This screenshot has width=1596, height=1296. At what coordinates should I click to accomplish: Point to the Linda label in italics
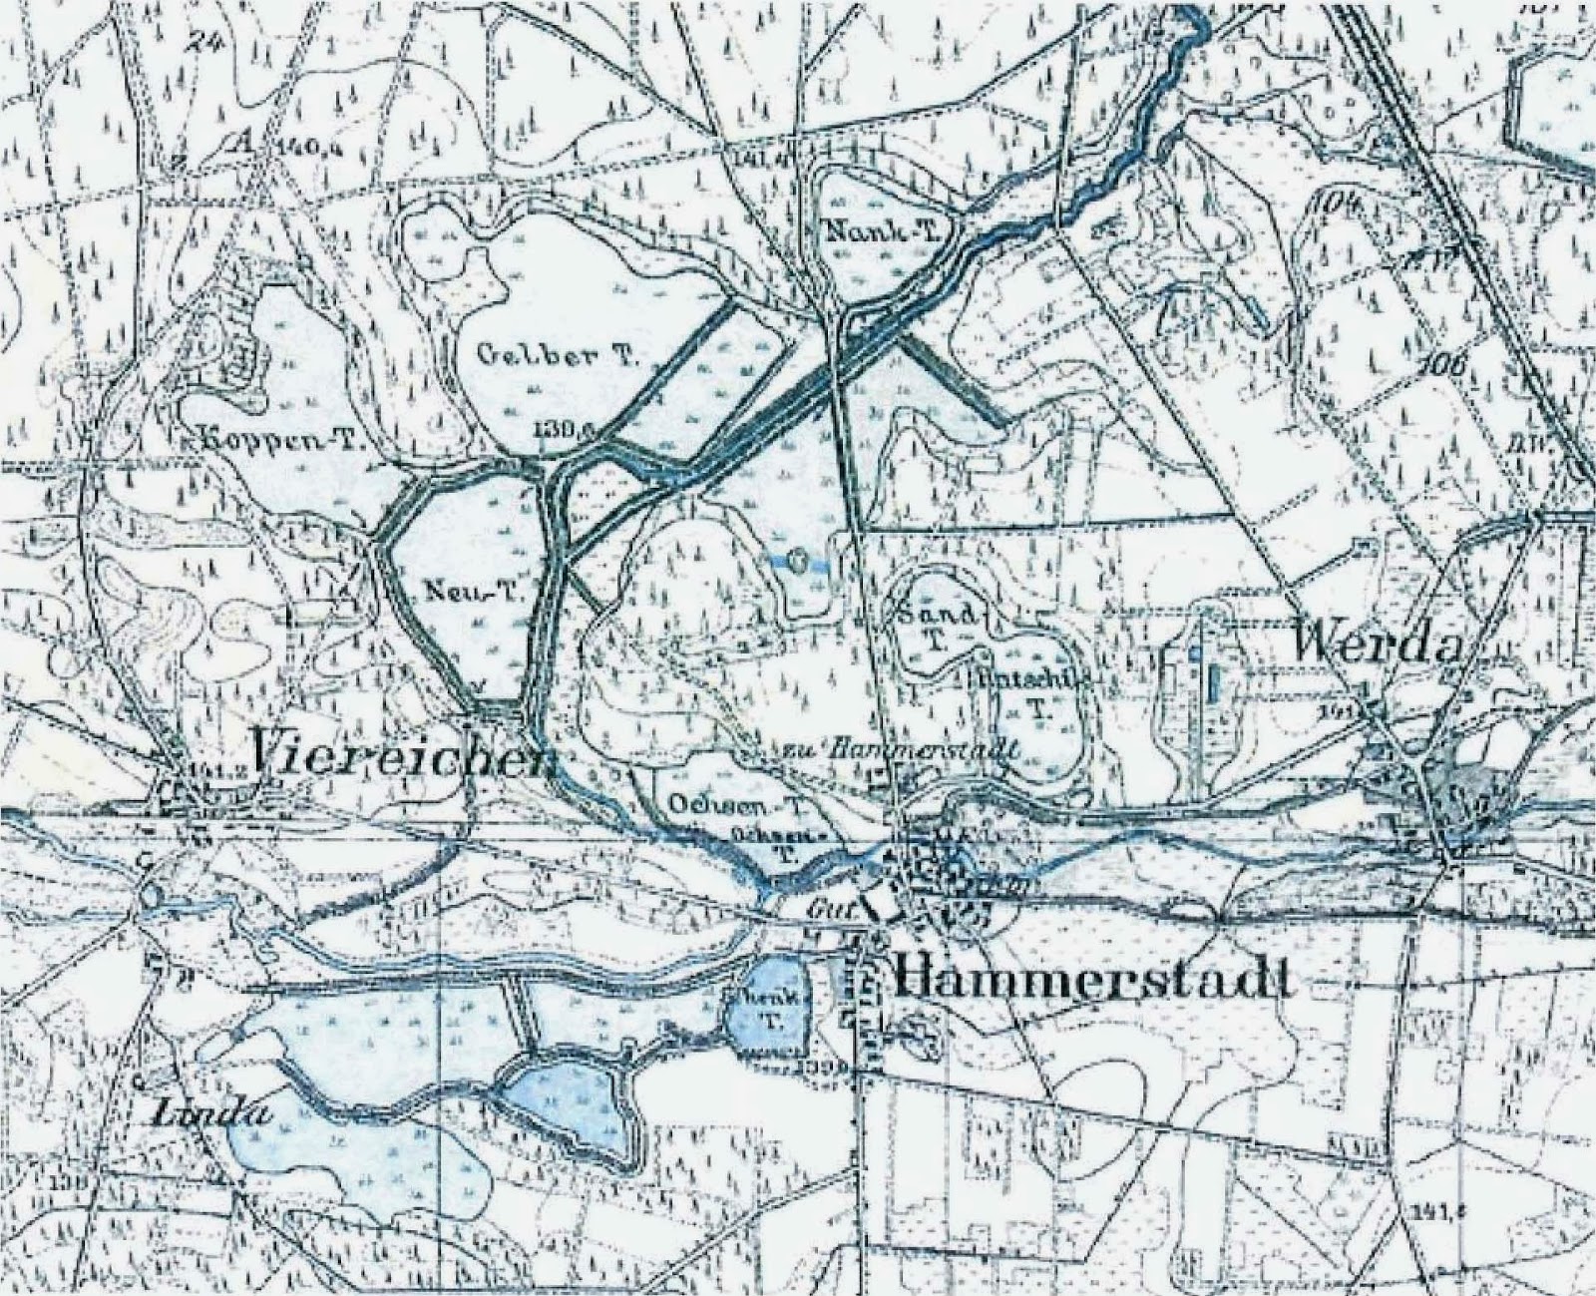pyautogui.click(x=214, y=1114)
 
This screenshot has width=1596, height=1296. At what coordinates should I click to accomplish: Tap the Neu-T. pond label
pyautogui.click(x=461, y=590)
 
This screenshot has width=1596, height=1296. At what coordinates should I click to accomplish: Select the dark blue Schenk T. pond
pyautogui.click(x=766, y=1009)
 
